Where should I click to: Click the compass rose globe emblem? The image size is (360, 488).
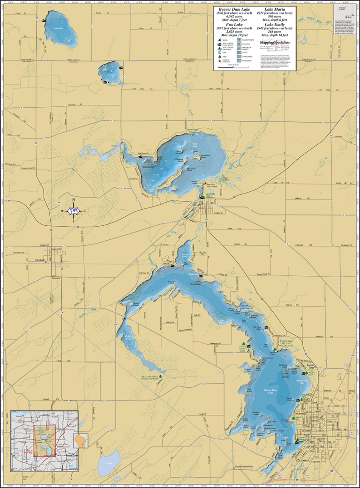pos(73,211)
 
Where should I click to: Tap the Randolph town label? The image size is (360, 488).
pos(41,260)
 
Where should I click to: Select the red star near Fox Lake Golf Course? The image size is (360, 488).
pos(205,184)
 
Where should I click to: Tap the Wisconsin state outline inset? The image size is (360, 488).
pos(81,441)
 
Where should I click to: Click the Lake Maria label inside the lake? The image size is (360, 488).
pos(59,29)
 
